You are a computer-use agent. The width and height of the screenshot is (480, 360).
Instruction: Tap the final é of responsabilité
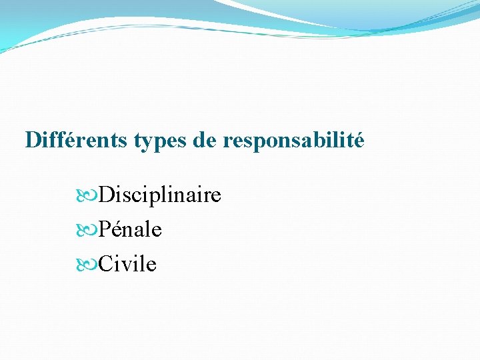point(358,141)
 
